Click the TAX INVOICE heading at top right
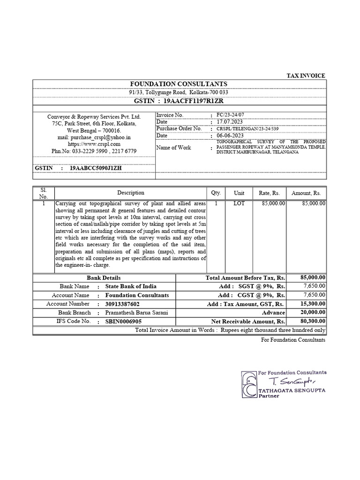point(306,75)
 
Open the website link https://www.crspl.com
point(94,144)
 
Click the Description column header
point(131,193)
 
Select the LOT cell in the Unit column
point(239,203)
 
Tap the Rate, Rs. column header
point(269,193)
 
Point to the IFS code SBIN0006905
point(123,322)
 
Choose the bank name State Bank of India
point(131,286)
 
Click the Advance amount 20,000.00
point(313,313)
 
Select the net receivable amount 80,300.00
point(313,322)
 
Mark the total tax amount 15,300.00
point(313,304)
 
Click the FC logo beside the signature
point(249,384)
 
